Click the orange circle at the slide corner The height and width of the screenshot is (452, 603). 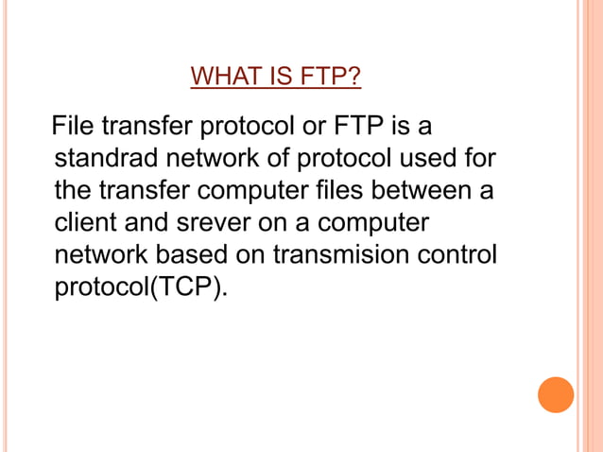(x=556, y=394)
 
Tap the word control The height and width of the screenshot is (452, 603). (x=460, y=256)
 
